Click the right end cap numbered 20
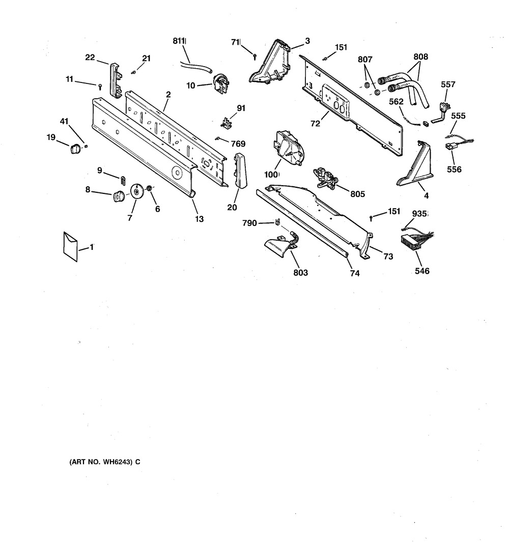click(x=239, y=170)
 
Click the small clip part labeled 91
click(x=226, y=123)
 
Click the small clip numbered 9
click(x=123, y=179)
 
